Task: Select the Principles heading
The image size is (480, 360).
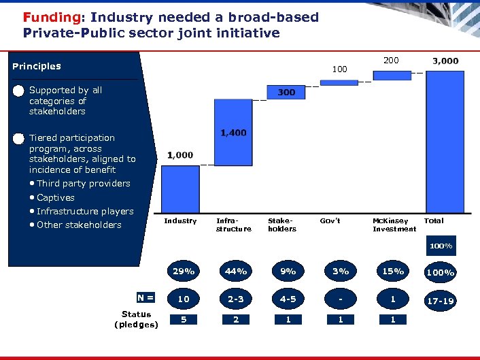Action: tap(37, 66)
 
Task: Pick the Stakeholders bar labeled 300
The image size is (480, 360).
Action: tap(286, 93)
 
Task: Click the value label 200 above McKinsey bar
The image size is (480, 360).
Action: tap(391, 61)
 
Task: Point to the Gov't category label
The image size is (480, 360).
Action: tap(330, 221)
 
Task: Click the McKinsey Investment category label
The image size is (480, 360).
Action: tap(394, 225)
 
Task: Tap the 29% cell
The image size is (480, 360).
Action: tap(183, 271)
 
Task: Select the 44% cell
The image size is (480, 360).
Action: tap(235, 271)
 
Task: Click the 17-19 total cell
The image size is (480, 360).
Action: tap(440, 300)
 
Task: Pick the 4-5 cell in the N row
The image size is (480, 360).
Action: tap(288, 299)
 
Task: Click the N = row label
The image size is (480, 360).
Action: tap(145, 297)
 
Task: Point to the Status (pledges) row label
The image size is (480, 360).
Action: tap(136, 319)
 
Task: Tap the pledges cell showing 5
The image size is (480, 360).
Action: tap(183, 319)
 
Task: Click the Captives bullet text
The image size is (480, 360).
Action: tap(55, 197)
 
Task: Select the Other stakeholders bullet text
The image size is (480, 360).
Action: tap(79, 225)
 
